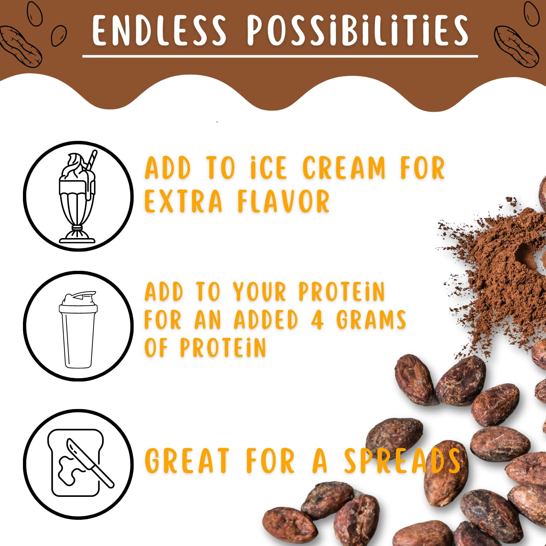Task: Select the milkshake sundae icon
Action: point(77,197)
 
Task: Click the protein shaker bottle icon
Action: point(78,329)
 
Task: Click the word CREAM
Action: point(344,168)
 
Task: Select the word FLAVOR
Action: point(284,201)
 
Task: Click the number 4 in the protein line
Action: point(317,320)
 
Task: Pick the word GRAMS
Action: point(371,320)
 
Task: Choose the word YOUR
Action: point(260,292)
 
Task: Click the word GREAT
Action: point(187,461)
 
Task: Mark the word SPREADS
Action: point(403,461)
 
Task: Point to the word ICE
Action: point(269,168)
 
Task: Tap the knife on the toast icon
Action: point(90,463)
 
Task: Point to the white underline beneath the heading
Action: point(280,56)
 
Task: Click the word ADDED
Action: point(266,320)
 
